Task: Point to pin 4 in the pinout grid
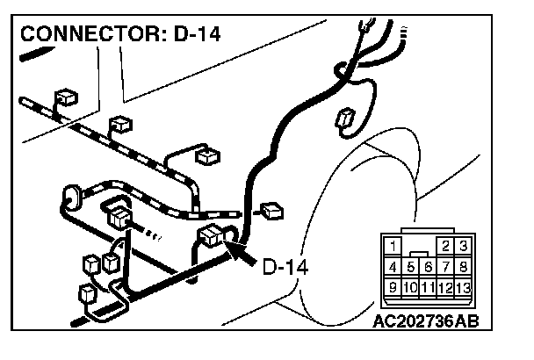coord(393,265)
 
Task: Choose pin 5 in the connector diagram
coord(410,266)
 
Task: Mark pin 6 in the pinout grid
coord(428,266)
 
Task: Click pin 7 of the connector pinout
coord(446,265)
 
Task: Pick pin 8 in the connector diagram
coord(463,265)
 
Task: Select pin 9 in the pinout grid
coord(393,286)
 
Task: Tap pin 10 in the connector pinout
coord(410,286)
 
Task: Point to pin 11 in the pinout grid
coord(428,286)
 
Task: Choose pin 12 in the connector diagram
coord(446,286)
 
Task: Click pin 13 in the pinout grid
coord(463,286)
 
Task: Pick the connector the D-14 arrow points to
coord(213,235)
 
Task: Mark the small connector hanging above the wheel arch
coord(345,120)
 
